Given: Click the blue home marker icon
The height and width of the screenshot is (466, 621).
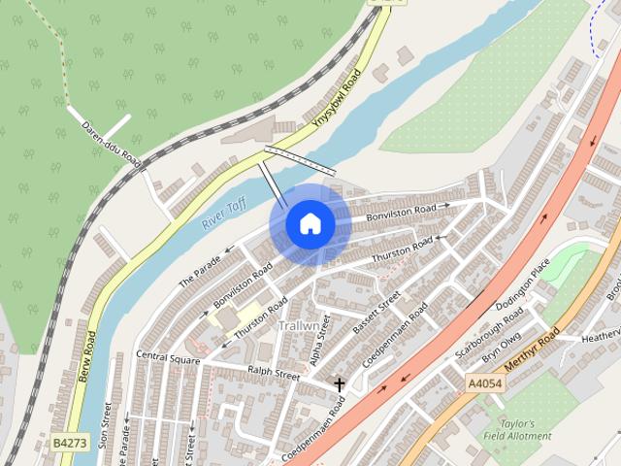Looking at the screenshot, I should [310, 224].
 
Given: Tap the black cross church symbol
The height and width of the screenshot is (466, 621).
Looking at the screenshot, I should [340, 384].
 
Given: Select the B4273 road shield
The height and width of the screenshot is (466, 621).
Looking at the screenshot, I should [70, 443].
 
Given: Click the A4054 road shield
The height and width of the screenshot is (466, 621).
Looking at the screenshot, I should [484, 383].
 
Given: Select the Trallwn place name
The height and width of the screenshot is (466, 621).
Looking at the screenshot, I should [299, 326].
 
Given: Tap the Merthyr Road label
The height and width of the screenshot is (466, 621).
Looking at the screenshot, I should [536, 350].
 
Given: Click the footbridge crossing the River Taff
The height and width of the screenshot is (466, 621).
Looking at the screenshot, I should [300, 160].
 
